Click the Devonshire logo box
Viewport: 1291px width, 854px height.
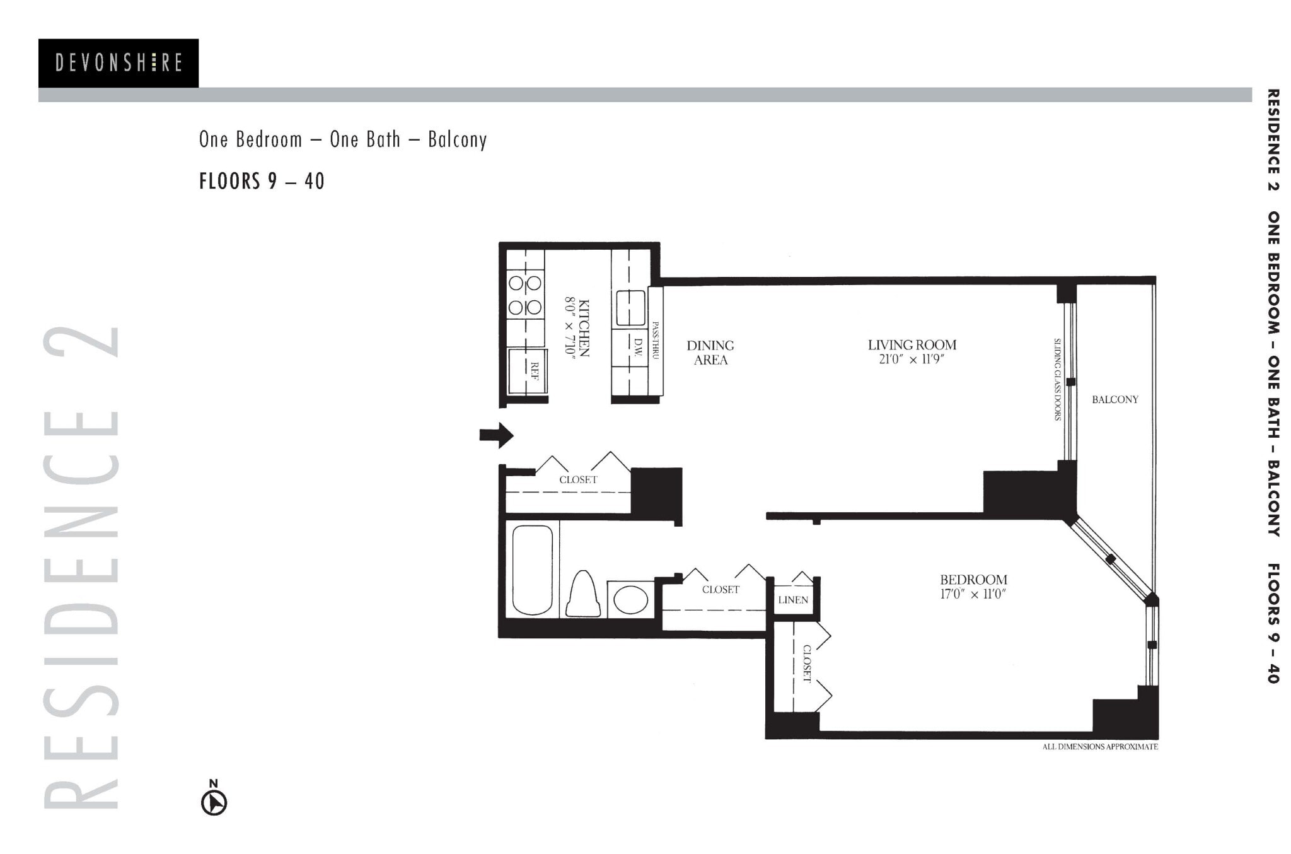pos(119,63)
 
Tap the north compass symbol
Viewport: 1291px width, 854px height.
pos(214,802)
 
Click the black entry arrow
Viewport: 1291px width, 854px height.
pos(497,435)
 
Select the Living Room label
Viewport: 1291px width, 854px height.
pos(912,345)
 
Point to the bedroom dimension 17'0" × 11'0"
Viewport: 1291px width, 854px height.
pos(973,594)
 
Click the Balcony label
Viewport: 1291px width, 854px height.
pos(1114,399)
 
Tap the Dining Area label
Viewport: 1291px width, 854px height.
pos(710,353)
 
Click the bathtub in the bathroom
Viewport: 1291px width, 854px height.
pos(532,570)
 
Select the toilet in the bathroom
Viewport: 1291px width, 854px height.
pos(583,594)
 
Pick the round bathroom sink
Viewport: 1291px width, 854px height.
pos(630,599)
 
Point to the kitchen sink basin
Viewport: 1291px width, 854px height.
pos(630,308)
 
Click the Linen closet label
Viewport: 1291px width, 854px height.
pos(792,600)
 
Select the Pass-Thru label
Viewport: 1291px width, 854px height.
pos(656,341)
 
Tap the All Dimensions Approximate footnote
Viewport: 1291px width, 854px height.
pos(1099,747)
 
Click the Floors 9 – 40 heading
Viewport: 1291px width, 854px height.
pos(262,181)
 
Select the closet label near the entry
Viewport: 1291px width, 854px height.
pos(578,480)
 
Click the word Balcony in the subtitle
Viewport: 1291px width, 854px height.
pos(457,139)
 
